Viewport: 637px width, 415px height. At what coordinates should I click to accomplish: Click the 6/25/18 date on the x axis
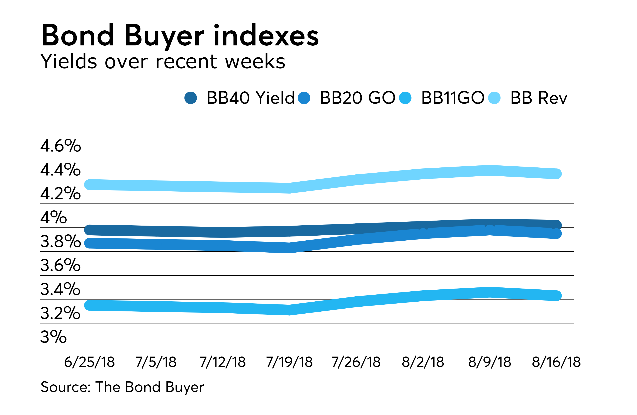click(x=89, y=362)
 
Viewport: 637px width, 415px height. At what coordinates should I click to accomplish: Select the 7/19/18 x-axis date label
click(x=289, y=362)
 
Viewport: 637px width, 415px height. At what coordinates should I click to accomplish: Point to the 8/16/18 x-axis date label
click(x=556, y=362)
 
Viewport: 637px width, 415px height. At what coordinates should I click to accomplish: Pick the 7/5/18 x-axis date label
click(x=156, y=362)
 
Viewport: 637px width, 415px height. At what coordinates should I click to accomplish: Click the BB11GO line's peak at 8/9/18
click(x=490, y=292)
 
